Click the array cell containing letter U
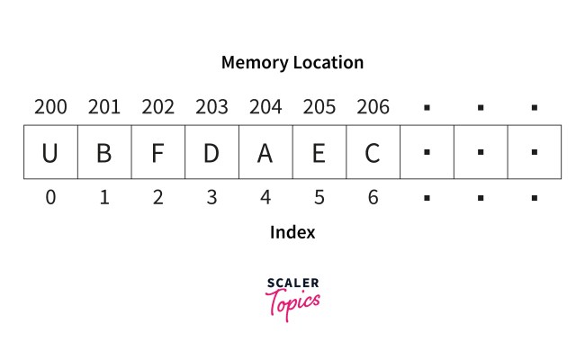click(x=50, y=152)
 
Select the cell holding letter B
click(x=104, y=152)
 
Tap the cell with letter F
click(x=158, y=152)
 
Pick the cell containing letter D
click(x=211, y=152)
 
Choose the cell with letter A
click(x=265, y=152)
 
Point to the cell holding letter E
click(x=319, y=152)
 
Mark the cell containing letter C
click(x=373, y=152)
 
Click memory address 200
click(x=50, y=108)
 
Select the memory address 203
click(x=211, y=108)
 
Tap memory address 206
click(x=373, y=108)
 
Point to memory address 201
click(x=104, y=108)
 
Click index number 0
click(x=50, y=198)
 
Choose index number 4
click(x=265, y=198)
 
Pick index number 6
click(x=373, y=198)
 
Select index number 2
click(x=158, y=198)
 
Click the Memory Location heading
click(x=292, y=63)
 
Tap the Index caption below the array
click(x=292, y=232)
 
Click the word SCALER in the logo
click(x=292, y=284)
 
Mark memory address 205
click(x=319, y=108)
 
